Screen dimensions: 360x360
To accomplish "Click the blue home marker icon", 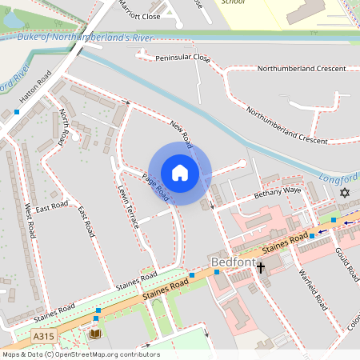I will tap(180, 173).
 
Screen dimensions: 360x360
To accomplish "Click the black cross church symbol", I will tap(260, 268).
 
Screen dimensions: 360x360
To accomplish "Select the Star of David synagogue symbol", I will tap(345, 193).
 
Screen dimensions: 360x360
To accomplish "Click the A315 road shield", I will tap(44, 337).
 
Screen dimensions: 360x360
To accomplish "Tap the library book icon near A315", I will tap(96, 333).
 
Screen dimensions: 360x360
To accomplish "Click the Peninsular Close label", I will tap(182, 58).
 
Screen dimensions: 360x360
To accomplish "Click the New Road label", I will tap(182, 134).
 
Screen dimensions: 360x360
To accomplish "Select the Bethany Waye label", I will tap(278, 192).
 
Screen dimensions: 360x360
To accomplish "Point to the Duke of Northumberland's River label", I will tap(86, 37).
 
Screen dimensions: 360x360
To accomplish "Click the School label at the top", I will tap(233, 2).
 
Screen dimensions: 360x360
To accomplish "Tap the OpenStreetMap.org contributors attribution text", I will tap(108, 354).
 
